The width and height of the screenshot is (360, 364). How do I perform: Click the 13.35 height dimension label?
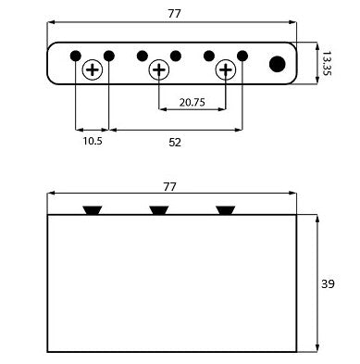coord(326,63)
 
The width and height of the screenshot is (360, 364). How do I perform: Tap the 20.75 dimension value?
coord(192,102)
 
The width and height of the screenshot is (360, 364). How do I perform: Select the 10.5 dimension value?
coord(93,141)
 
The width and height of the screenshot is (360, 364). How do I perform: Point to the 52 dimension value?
coord(175,143)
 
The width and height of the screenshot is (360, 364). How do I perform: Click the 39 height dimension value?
coord(328,283)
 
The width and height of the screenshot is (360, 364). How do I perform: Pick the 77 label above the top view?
coord(174,14)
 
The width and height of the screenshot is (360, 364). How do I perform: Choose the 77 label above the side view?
coord(169,187)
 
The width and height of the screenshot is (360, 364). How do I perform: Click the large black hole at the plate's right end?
coord(277,64)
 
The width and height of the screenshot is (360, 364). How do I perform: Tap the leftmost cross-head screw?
coord(93,70)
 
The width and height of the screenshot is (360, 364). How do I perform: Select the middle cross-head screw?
coord(159,69)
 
